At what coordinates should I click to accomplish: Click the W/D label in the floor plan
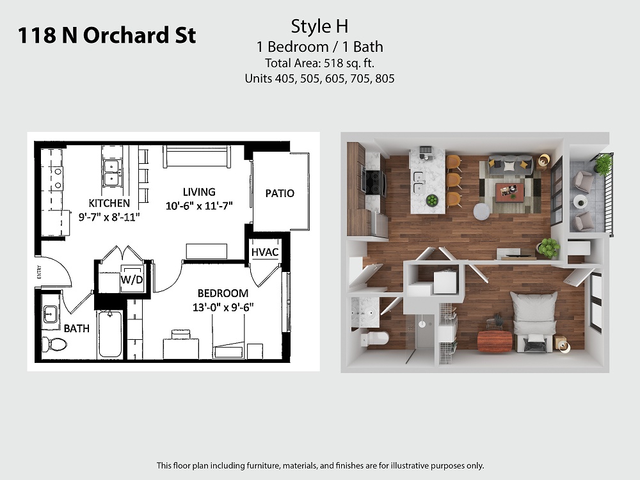132,280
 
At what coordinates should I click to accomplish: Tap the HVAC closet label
265,252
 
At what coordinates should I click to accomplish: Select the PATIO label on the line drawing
280,193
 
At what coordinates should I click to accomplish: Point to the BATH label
76,328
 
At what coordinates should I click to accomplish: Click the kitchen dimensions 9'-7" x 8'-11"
109,217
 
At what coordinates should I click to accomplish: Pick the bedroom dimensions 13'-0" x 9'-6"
223,307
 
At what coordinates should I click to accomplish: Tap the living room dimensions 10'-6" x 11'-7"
199,205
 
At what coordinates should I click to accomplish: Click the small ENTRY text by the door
39,272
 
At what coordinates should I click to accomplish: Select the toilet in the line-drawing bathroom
54,344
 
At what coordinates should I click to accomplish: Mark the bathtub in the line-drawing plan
110,334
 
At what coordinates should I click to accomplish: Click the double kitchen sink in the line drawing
111,173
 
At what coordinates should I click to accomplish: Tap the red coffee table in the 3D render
510,192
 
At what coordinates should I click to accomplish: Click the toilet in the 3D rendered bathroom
374,339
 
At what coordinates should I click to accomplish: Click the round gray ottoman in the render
482,211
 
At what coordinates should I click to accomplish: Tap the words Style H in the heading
319,26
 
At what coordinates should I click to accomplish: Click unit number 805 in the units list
385,78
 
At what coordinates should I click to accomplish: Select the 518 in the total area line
333,63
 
